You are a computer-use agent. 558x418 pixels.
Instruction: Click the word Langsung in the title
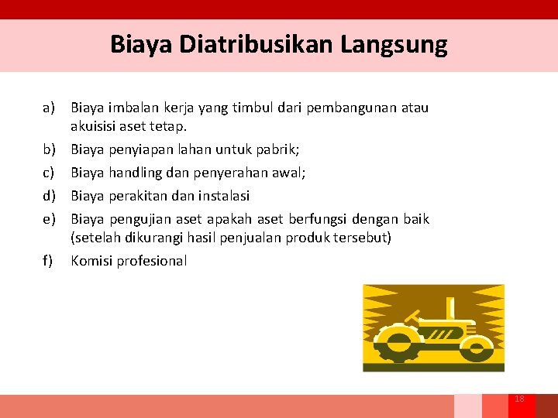(x=394, y=44)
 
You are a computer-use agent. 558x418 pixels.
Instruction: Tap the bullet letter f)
(x=48, y=261)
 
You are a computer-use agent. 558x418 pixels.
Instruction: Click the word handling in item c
(x=136, y=172)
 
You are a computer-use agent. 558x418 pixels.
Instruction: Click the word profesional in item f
(x=152, y=261)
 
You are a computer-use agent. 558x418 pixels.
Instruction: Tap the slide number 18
(x=519, y=399)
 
